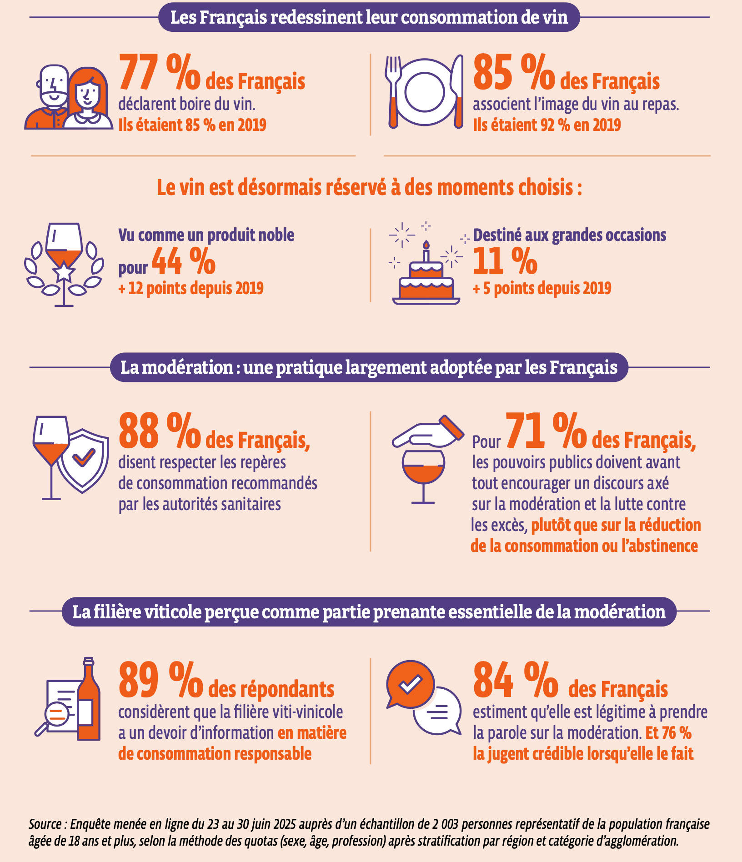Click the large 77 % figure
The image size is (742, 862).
[x=159, y=73]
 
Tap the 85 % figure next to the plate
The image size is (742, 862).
[x=514, y=73]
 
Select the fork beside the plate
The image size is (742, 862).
[x=393, y=91]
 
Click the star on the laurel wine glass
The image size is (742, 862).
[x=64, y=272]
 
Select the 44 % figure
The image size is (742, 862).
[x=184, y=262]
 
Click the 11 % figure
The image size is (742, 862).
[x=505, y=262]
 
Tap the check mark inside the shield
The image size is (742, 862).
[x=84, y=457]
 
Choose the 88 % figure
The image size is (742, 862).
[x=159, y=431]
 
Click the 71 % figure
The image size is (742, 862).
[x=546, y=431]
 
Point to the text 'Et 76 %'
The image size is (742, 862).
[x=668, y=733]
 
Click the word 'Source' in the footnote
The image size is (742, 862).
[x=45, y=824]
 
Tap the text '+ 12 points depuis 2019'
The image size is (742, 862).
[x=191, y=288]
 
